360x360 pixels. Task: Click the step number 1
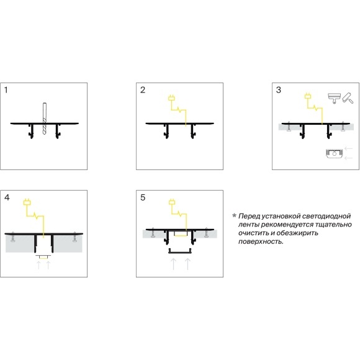(x=6, y=90)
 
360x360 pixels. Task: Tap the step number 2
(x=143, y=90)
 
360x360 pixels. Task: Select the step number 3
(x=279, y=90)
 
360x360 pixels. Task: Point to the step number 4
(x=7, y=197)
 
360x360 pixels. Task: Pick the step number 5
(x=143, y=197)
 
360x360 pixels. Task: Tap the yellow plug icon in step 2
(x=171, y=98)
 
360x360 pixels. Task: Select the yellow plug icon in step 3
(x=308, y=96)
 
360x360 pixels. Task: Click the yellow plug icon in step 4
(x=27, y=202)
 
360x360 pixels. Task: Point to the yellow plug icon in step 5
(x=172, y=202)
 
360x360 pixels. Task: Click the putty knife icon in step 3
(x=335, y=98)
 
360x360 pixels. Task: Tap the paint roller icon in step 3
(x=348, y=98)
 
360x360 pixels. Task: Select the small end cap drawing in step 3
(x=335, y=153)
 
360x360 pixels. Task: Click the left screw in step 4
(x=13, y=237)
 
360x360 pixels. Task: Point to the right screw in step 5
(x=207, y=232)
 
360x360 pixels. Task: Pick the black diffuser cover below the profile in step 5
(x=180, y=251)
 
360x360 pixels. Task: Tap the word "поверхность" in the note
(x=261, y=242)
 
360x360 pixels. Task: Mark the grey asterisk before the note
(x=234, y=215)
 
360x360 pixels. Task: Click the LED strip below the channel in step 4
(x=43, y=257)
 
